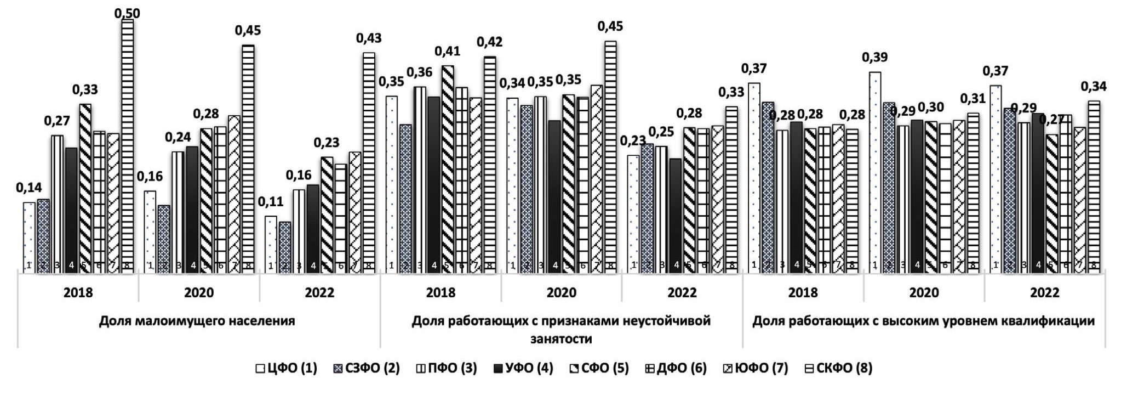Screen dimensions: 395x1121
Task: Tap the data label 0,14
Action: tap(28, 188)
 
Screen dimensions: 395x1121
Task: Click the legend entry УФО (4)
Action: tap(518, 368)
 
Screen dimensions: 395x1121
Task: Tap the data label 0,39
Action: tap(874, 58)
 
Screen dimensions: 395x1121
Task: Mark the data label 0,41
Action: tap(447, 52)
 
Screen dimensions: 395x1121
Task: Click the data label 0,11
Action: tap(270, 201)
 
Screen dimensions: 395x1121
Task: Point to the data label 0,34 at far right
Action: tap(1093, 87)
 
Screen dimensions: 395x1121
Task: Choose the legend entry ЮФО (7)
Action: tap(756, 368)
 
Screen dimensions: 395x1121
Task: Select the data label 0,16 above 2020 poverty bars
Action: tap(150, 177)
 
